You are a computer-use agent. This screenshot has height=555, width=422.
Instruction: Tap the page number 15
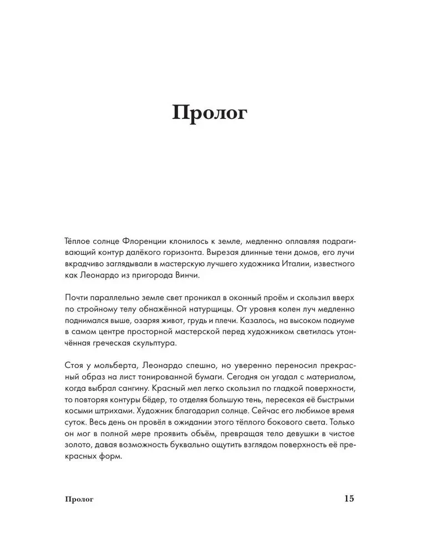click(349, 498)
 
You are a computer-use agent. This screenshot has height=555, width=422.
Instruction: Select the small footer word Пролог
click(78, 499)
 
